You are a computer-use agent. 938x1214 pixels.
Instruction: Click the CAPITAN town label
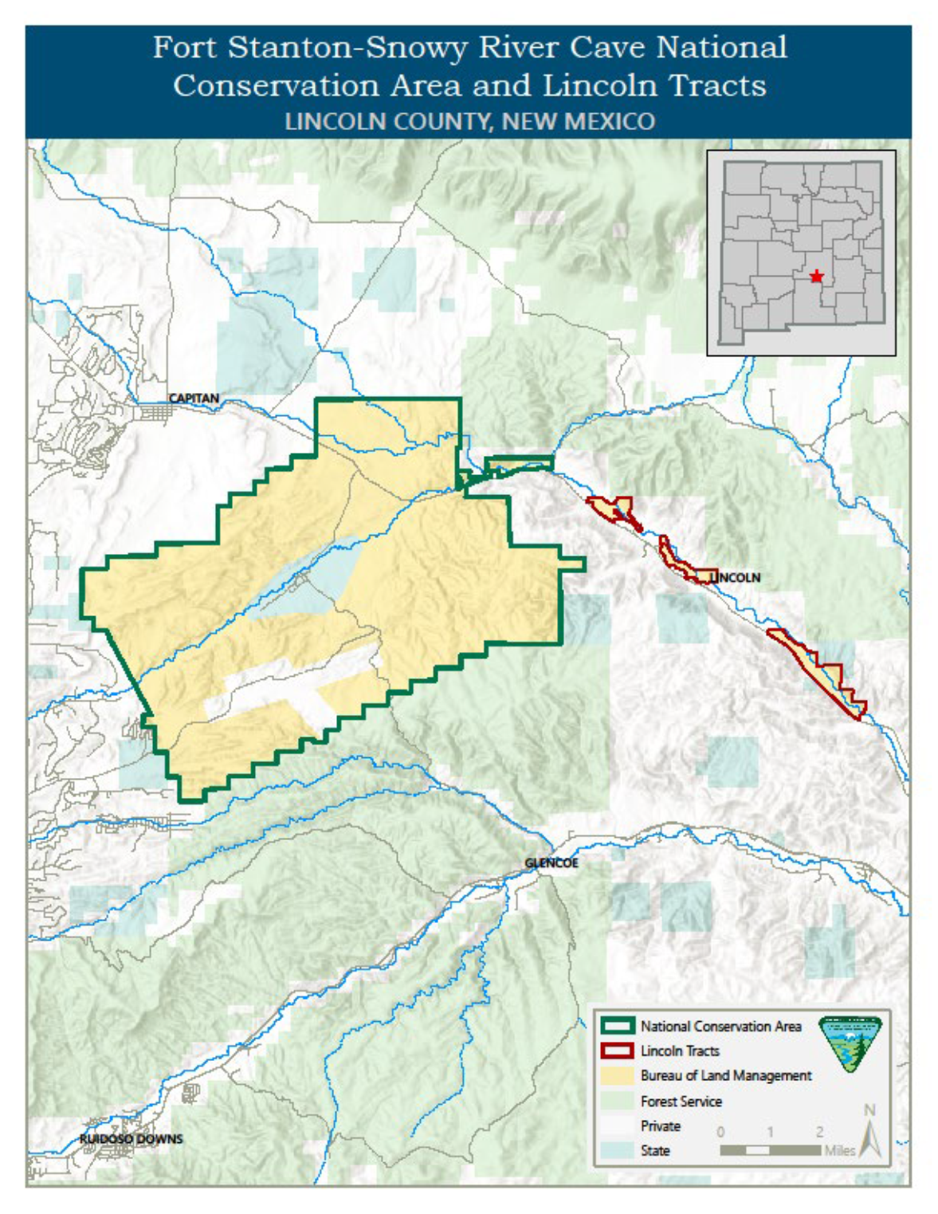coord(193,398)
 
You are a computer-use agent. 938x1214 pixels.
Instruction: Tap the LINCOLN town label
coord(735,577)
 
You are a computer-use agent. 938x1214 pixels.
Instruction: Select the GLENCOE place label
coord(551,863)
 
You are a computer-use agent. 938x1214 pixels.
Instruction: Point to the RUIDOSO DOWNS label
coord(131,1139)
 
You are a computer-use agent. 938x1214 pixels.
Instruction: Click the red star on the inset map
coord(816,277)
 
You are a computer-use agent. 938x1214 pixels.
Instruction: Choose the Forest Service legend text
coord(681,1101)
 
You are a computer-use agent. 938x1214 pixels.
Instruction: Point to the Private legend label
coord(661,1126)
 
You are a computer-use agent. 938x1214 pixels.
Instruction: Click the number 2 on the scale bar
coord(819,1132)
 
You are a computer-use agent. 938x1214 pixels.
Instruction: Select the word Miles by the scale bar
coord(840,1150)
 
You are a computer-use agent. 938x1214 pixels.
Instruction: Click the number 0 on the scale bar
coord(720,1132)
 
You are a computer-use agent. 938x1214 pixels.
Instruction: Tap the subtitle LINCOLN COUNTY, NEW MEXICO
coord(469,121)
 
